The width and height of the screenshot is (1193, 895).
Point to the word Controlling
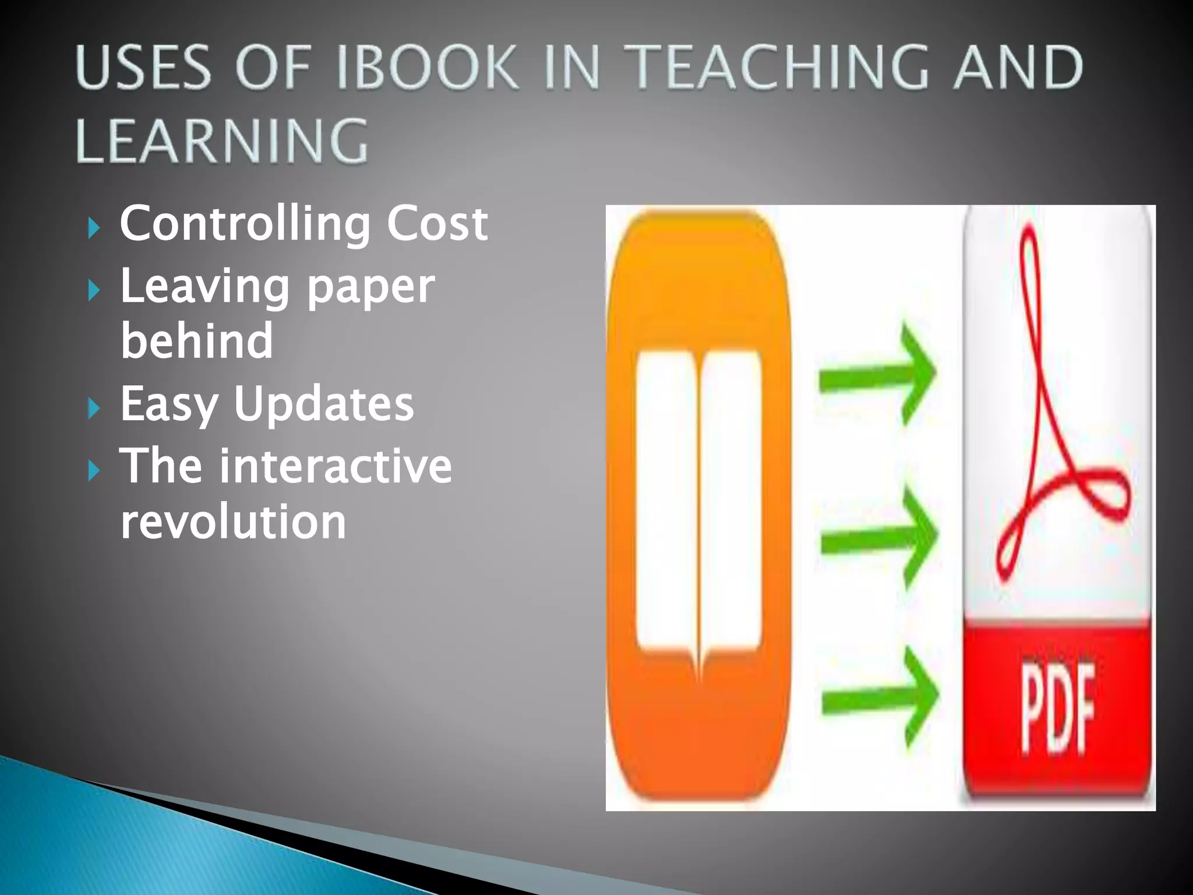pyautogui.click(x=245, y=224)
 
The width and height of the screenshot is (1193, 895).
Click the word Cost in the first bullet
pyautogui.click(x=437, y=224)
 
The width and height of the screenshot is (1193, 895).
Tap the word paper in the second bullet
pyautogui.click(x=370, y=287)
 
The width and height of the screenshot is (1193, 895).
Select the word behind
pyautogui.click(x=196, y=341)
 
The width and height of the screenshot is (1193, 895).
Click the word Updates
pyautogui.click(x=324, y=403)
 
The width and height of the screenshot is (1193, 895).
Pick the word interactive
pyautogui.click(x=335, y=466)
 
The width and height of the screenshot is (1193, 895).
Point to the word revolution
pyautogui.click(x=233, y=522)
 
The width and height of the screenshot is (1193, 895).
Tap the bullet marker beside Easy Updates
pyautogui.click(x=94, y=408)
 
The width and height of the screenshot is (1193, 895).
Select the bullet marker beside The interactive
pyautogui.click(x=94, y=470)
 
